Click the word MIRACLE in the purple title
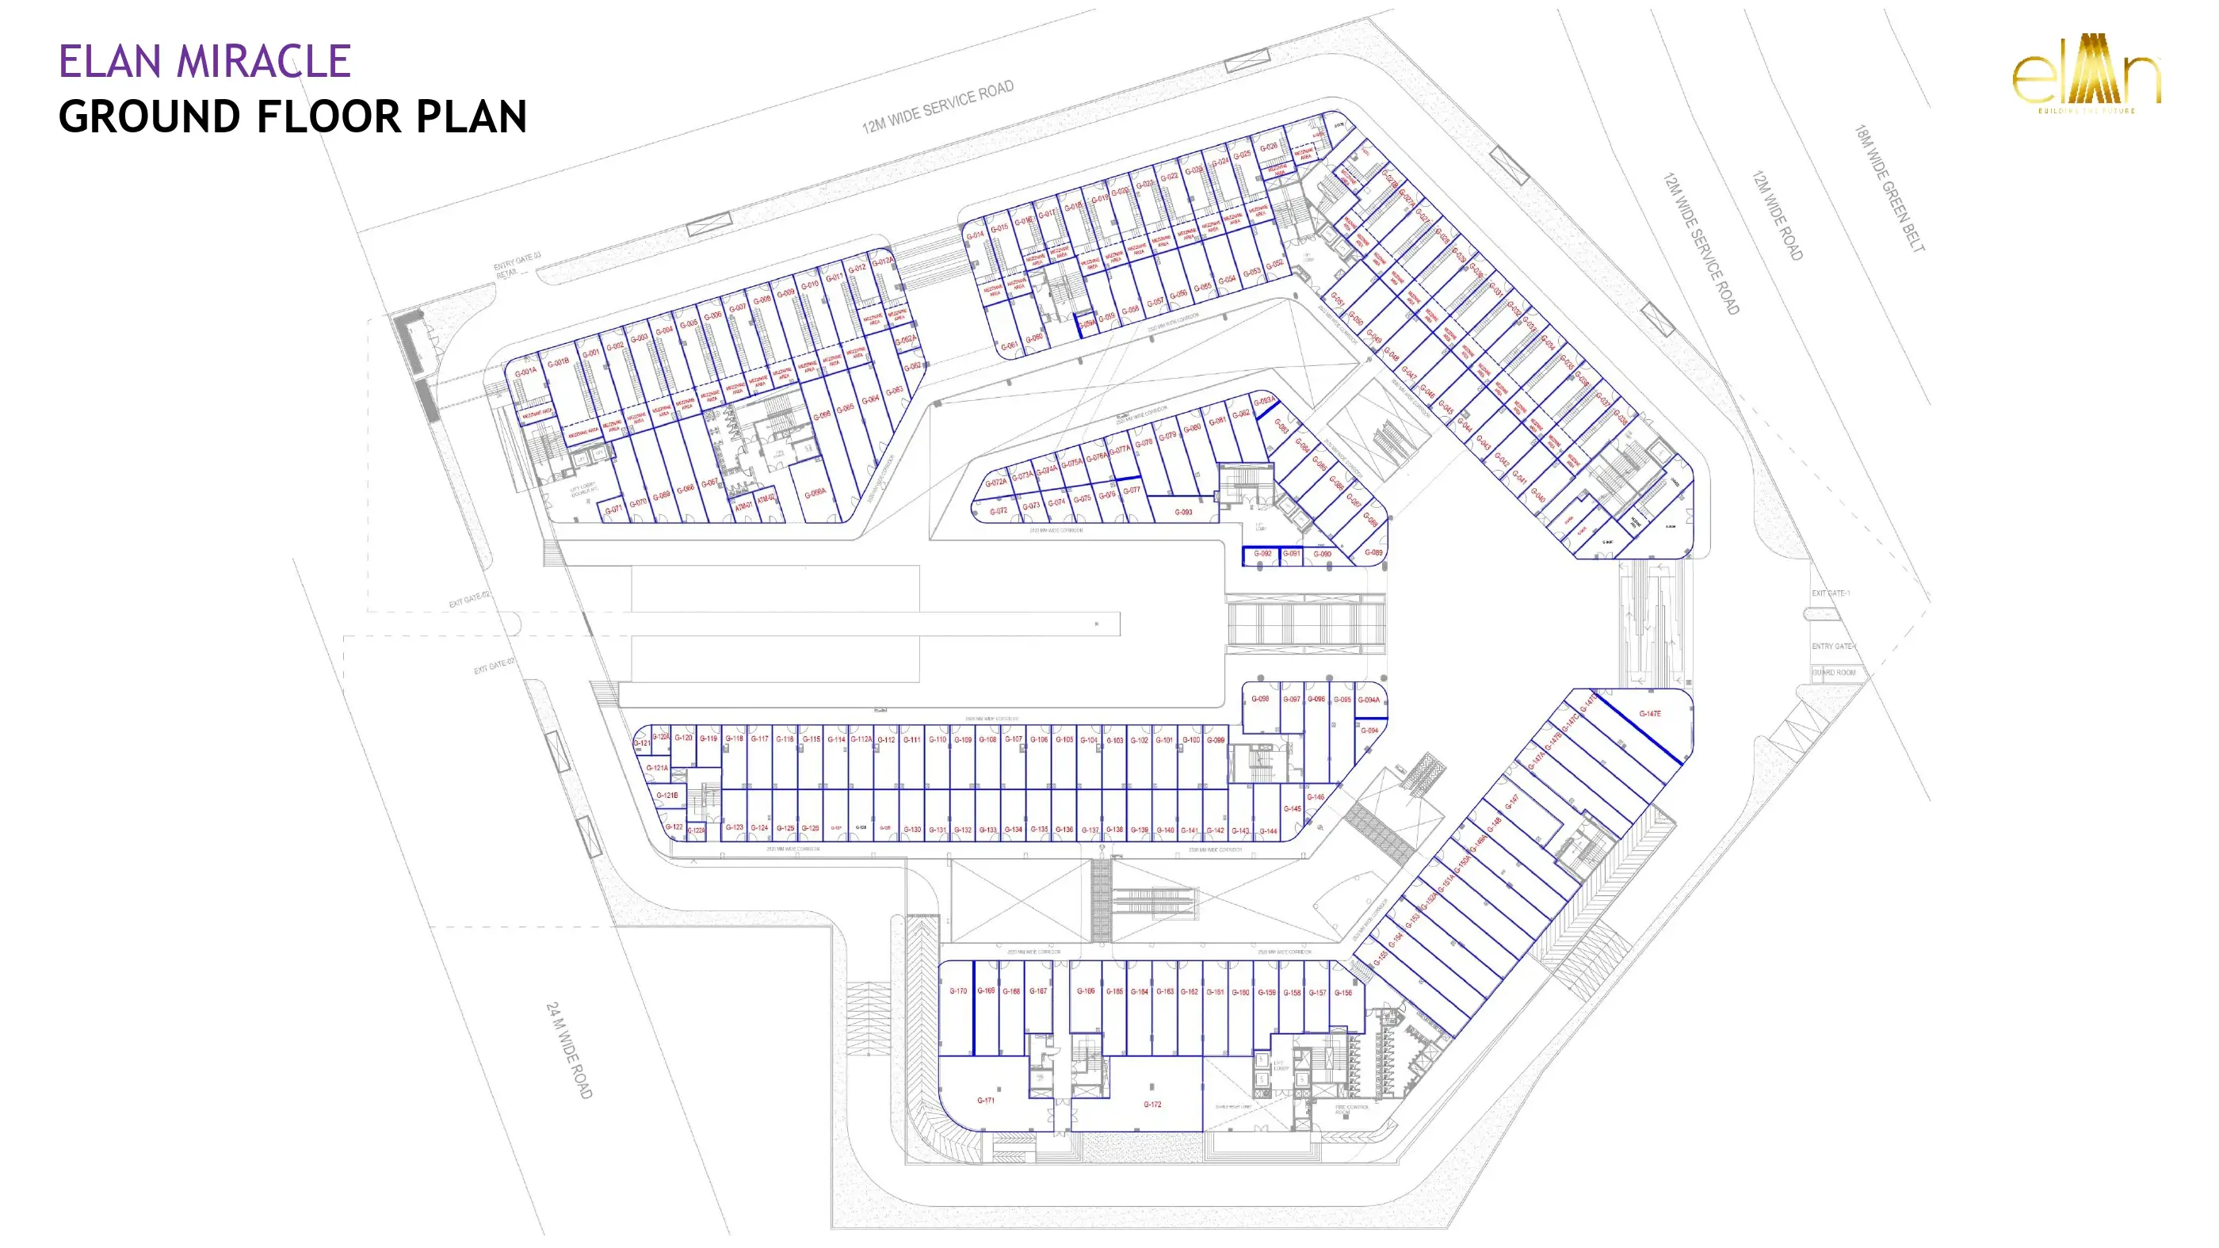pos(264,62)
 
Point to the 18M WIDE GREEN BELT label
pos(1889,189)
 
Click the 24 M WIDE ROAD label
pos(569,1050)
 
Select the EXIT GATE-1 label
pos(1831,593)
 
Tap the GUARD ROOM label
pos(1834,673)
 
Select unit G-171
pos(985,1100)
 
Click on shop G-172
pos(1152,1104)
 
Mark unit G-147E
pos(1650,714)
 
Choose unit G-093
pos(1183,513)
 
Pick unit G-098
pos(1260,700)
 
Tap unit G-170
pos(958,991)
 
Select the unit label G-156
pos(1343,993)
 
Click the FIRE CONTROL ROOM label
pos(1351,1109)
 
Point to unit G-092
pos(1262,554)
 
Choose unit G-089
pos(1373,553)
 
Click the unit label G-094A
pos(1369,700)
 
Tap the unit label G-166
pos(1086,991)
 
